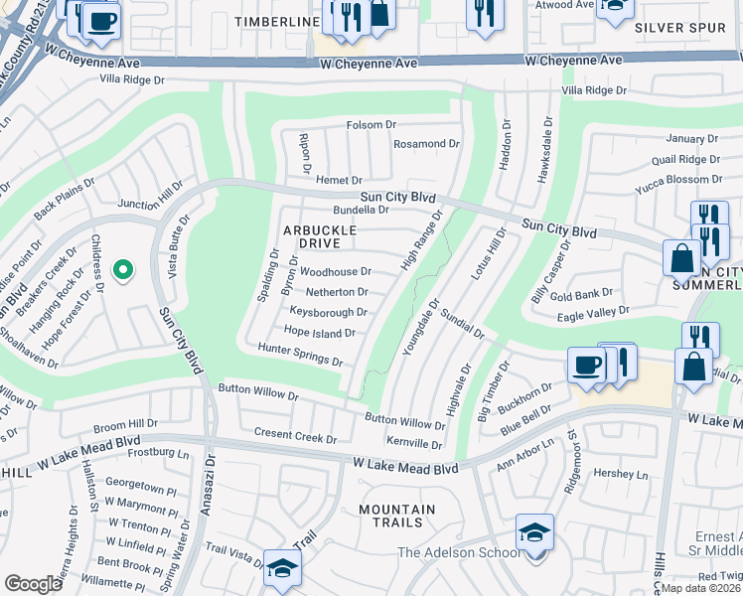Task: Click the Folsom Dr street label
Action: point(371,125)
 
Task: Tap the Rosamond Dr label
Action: point(426,144)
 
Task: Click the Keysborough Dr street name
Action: point(328,312)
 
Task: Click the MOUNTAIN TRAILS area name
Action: point(397,517)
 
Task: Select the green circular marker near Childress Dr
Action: point(123,270)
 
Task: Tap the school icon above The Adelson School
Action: point(534,532)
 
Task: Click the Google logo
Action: point(34,583)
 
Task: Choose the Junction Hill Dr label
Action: point(152,195)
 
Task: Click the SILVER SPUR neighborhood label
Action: point(680,28)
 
